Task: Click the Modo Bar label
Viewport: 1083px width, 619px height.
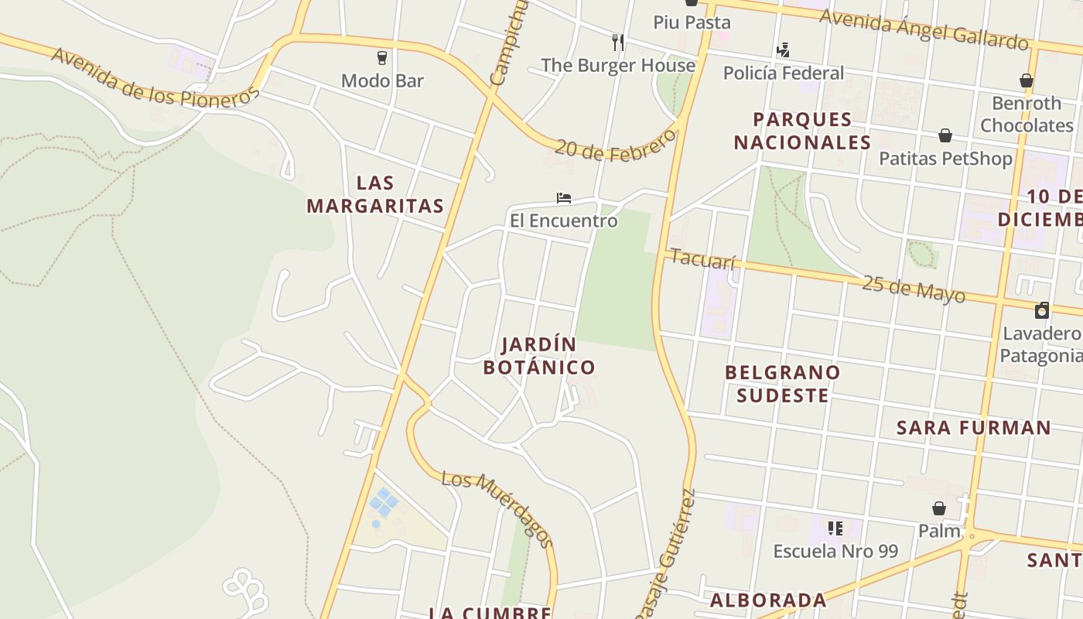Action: pyautogui.click(x=382, y=80)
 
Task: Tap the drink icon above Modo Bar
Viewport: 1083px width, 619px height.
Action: pyautogui.click(x=381, y=57)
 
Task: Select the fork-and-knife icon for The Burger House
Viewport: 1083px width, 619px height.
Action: pyautogui.click(x=617, y=42)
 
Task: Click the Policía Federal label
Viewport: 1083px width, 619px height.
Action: pyautogui.click(x=783, y=73)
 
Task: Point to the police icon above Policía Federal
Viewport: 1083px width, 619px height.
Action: pyautogui.click(x=783, y=51)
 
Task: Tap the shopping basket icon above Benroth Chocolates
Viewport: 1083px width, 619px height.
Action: pyautogui.click(x=1027, y=80)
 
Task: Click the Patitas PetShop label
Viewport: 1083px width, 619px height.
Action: pyautogui.click(x=945, y=159)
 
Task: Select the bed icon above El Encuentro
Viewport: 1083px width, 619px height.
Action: pyautogui.click(x=563, y=198)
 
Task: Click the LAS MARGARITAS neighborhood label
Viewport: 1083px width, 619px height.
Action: pyautogui.click(x=375, y=194)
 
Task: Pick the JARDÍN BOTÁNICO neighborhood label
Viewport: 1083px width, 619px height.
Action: pyautogui.click(x=539, y=356)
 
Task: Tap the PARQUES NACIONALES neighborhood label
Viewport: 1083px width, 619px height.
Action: pyautogui.click(x=802, y=131)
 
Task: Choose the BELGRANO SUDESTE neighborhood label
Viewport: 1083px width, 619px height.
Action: pyautogui.click(x=782, y=384)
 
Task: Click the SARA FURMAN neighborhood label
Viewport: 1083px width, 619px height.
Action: pyautogui.click(x=973, y=428)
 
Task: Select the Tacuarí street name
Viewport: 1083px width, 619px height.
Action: pyautogui.click(x=702, y=258)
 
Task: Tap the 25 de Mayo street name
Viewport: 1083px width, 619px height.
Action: pyautogui.click(x=914, y=289)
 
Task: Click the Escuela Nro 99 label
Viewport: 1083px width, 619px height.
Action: pyautogui.click(x=835, y=552)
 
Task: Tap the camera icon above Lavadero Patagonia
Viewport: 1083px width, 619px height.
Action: pyautogui.click(x=1042, y=311)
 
